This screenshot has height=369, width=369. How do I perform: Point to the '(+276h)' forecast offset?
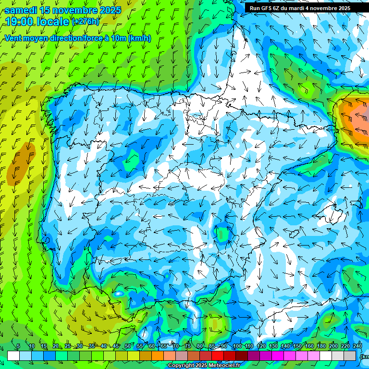[x=86, y=22]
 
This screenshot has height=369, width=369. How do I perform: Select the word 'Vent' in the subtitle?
[x=14, y=38]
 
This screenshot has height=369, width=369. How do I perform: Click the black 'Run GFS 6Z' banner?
[x=299, y=8]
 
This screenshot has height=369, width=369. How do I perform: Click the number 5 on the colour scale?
[x=18, y=346]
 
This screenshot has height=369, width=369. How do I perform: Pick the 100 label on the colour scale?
[x=237, y=346]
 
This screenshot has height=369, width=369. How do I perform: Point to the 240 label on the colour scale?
[x=357, y=346]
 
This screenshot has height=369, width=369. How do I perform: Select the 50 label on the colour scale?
[x=127, y=346]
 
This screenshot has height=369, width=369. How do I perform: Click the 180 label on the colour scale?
[x=321, y=346]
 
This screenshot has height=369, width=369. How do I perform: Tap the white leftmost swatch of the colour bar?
[x=13, y=356]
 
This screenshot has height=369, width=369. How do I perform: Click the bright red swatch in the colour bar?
[x=218, y=356]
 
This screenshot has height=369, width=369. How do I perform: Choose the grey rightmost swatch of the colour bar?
[x=350, y=356]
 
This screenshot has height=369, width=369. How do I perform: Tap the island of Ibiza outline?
[x=294, y=234]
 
